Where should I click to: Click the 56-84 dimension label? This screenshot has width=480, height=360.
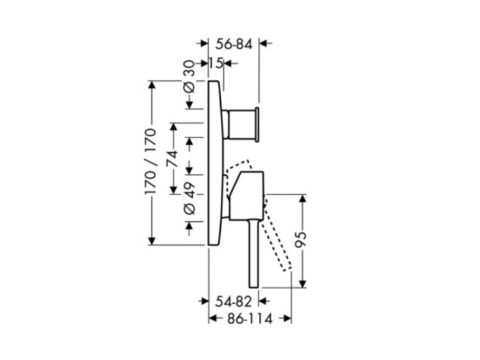tap(234, 45)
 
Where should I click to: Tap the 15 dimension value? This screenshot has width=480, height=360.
tap(216, 63)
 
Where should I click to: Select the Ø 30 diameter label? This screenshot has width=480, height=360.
tap(189, 77)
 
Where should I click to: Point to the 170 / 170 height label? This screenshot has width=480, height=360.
tap(150, 162)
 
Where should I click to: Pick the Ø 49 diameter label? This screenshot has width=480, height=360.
tap(189, 199)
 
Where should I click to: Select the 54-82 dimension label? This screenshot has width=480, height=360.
tap(233, 302)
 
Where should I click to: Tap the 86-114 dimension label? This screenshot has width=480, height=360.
tap(250, 320)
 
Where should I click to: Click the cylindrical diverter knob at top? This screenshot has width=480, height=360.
tap(241, 124)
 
